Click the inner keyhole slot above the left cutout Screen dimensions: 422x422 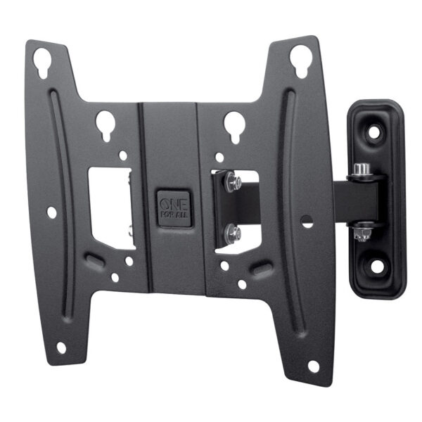[106, 122]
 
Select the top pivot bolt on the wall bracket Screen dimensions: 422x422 [362, 170]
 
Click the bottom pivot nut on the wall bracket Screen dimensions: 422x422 [362, 230]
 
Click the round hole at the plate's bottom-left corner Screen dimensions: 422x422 [61, 347]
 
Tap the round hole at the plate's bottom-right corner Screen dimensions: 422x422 [313, 366]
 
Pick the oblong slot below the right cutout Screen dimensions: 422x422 [262, 269]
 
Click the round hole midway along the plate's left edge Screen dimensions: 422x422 [51, 211]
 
